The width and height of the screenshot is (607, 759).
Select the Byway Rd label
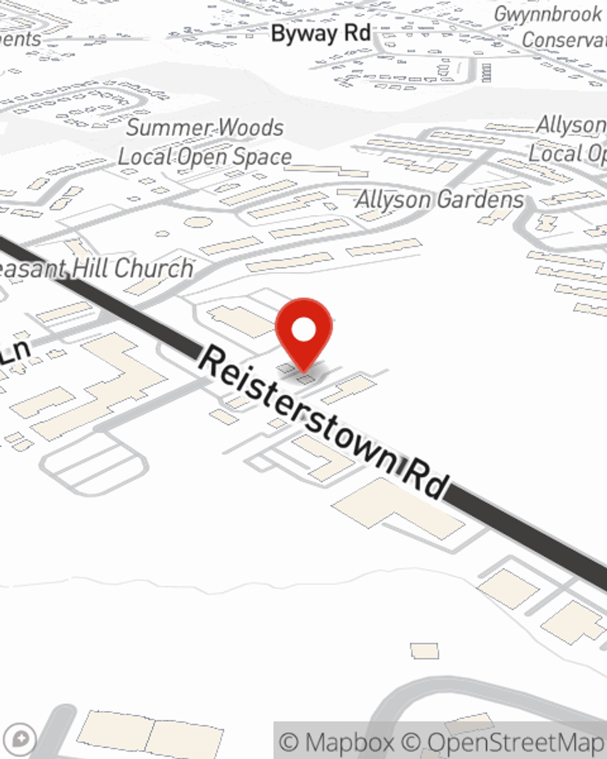coord(320,33)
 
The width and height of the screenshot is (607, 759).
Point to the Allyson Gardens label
coord(439,200)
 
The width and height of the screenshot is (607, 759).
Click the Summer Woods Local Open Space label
coord(205,143)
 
